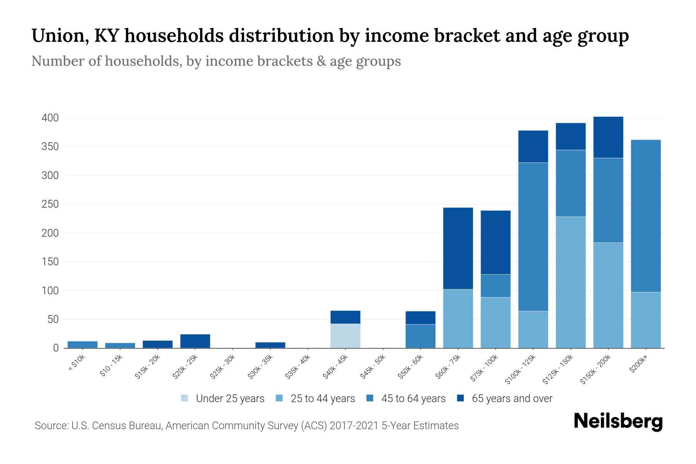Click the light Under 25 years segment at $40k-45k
pyautogui.click(x=345, y=336)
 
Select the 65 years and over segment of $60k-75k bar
pyautogui.click(x=458, y=248)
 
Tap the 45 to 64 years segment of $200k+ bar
pyautogui.click(x=645, y=216)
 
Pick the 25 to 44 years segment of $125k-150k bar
pyautogui.click(x=570, y=282)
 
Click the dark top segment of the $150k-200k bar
pyautogui.click(x=608, y=137)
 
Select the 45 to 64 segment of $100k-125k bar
pyautogui.click(x=533, y=237)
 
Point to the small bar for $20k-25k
pyautogui.click(x=195, y=341)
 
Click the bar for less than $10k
pyautogui.click(x=82, y=345)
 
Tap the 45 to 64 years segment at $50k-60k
pyautogui.click(x=420, y=336)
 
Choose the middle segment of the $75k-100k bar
pyautogui.click(x=495, y=286)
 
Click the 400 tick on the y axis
pyautogui.click(x=50, y=118)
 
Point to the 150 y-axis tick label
pyautogui.click(x=50, y=262)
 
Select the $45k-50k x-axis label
pyautogui.click(x=373, y=369)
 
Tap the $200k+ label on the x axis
pyautogui.click(x=638, y=365)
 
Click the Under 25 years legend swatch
pyautogui.click(x=184, y=398)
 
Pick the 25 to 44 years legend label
pyautogui.click(x=322, y=399)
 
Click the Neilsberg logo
pyautogui.click(x=618, y=421)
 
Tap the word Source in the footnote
pyautogui.click(x=51, y=426)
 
